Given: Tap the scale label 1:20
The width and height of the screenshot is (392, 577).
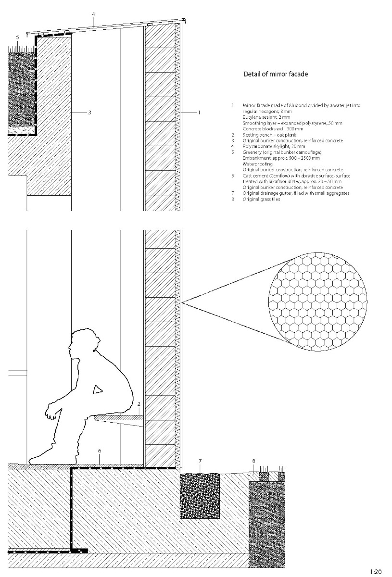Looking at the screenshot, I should pos(376,572).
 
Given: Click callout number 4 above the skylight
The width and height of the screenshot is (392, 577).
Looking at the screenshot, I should pos(93,14).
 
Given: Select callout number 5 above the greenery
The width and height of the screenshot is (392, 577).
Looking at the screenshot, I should pos(17,37).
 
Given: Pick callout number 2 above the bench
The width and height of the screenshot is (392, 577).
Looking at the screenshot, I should pos(139,403).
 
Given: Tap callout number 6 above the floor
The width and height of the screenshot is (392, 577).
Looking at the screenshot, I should pos(99,451).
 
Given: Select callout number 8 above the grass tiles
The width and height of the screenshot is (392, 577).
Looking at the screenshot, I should pos(254,461).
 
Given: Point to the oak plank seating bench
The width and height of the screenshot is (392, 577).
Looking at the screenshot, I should pos(119,418).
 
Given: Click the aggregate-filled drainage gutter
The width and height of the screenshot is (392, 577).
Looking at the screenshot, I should pos(200,495).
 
